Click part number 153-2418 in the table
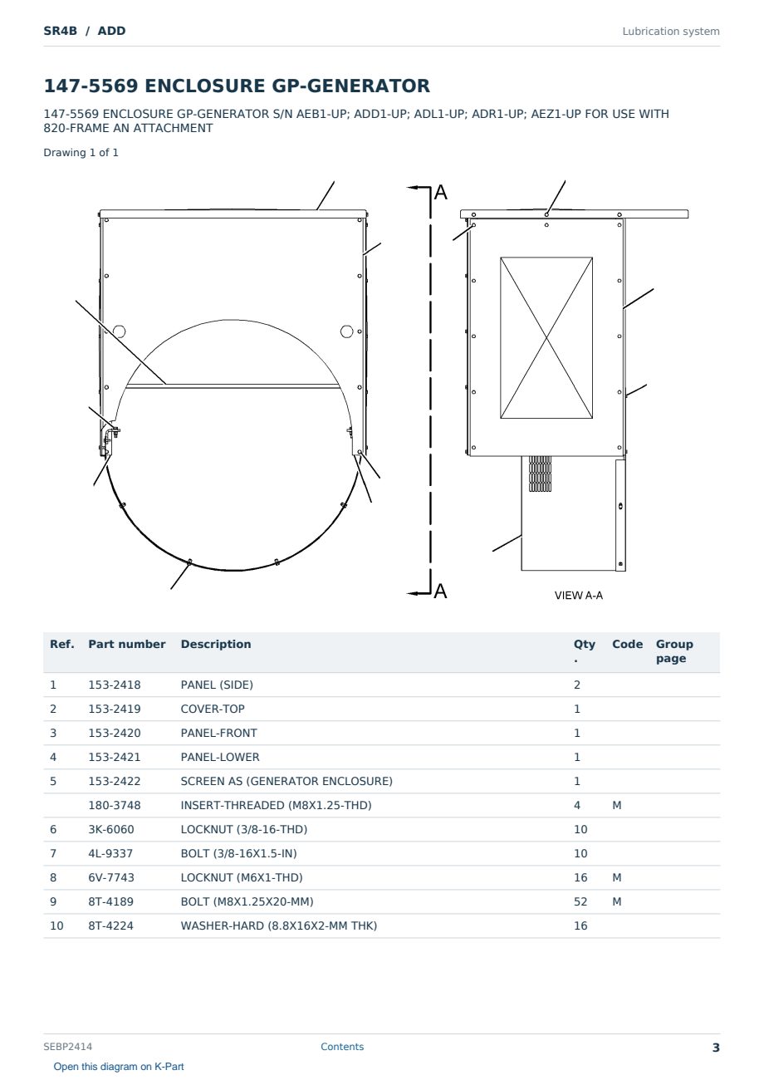click(115, 685)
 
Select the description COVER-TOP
click(213, 709)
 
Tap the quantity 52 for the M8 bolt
click(580, 901)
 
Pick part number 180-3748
click(115, 805)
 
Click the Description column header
click(216, 644)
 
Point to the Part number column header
click(127, 644)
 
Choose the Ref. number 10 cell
click(56, 925)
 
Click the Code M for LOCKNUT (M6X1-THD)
click(616, 877)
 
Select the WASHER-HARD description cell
click(278, 925)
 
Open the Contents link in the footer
click(342, 1047)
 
